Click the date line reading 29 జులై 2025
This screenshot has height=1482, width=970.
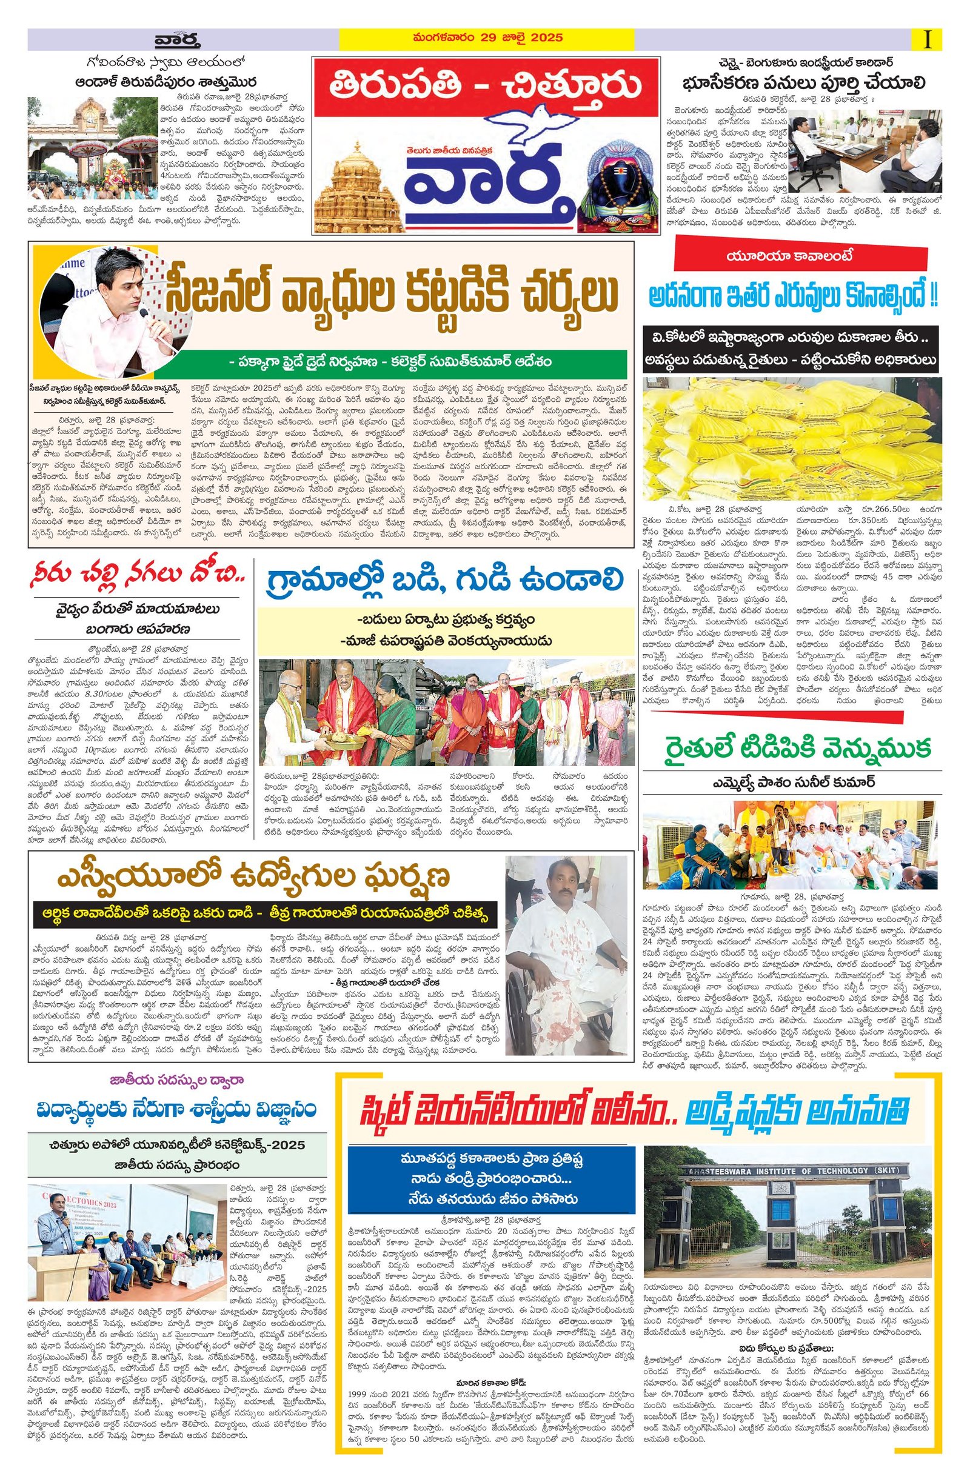click(486, 38)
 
